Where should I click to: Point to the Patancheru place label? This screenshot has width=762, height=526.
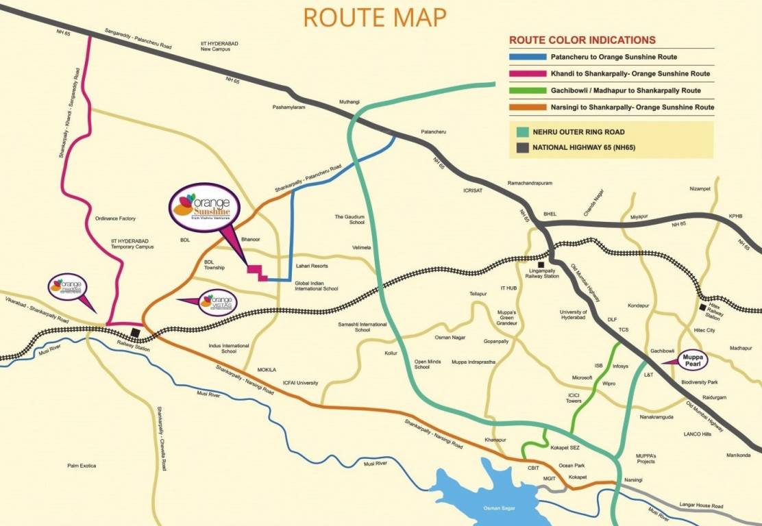(433, 132)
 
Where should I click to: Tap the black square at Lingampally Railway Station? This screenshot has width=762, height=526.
(541, 264)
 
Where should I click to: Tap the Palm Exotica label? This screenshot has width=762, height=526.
(82, 466)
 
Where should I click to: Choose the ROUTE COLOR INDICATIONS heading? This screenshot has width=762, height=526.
(582, 40)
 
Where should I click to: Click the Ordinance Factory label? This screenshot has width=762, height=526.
(116, 218)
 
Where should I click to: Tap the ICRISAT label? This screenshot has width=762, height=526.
(473, 190)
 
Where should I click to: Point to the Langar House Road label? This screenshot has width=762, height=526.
(702, 506)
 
